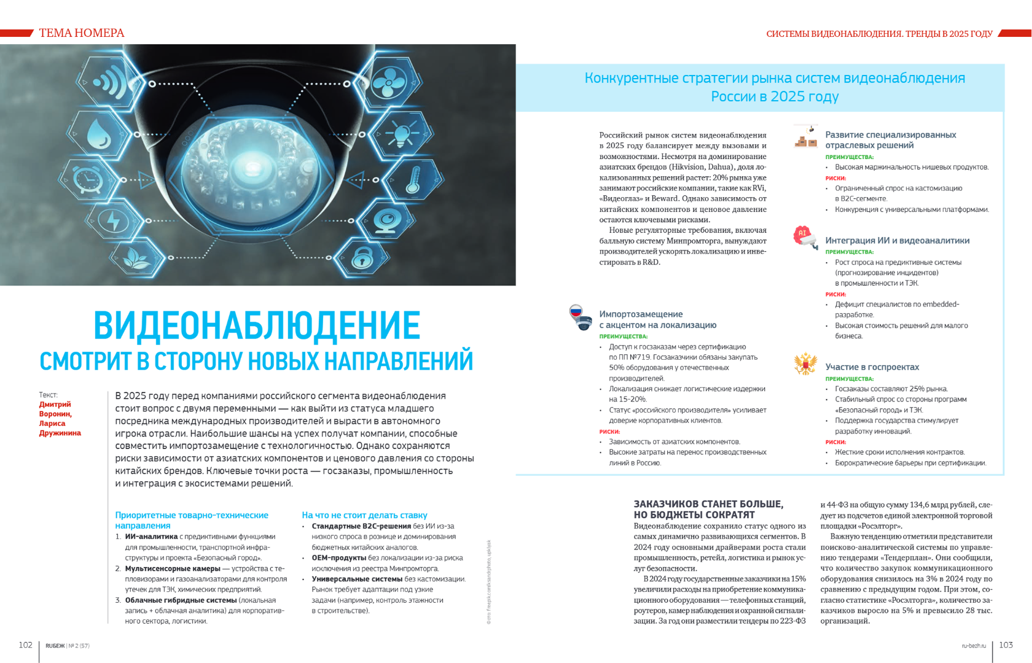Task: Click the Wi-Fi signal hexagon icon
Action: click(x=110, y=82)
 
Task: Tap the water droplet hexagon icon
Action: click(x=99, y=134)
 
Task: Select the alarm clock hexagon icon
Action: click(x=87, y=179)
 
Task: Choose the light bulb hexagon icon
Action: click(x=402, y=133)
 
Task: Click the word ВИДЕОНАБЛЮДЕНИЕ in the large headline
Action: click(x=257, y=325)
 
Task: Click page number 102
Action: click(x=25, y=645)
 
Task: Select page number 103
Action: click(x=1006, y=645)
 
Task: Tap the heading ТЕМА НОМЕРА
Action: click(x=82, y=33)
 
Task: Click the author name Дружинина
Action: click(x=60, y=433)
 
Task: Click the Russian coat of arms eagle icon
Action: click(x=805, y=364)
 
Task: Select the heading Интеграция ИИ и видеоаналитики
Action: click(x=897, y=241)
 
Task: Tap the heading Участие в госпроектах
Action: click(x=872, y=367)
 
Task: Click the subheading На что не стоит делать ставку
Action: click(x=364, y=515)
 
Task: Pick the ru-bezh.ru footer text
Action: click(x=974, y=646)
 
